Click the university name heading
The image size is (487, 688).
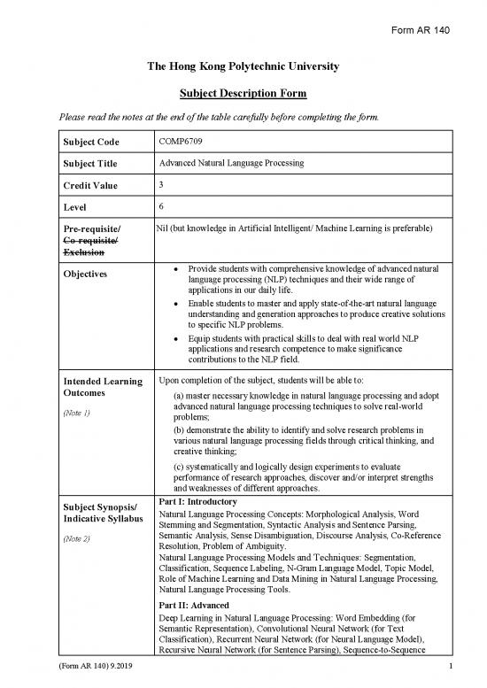tap(243, 67)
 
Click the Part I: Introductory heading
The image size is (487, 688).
tap(196, 501)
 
